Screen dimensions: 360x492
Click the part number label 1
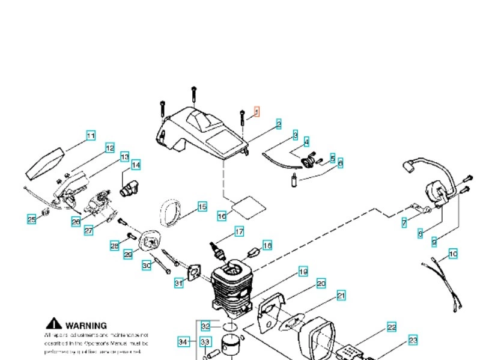[257, 111]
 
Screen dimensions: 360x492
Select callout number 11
[90, 136]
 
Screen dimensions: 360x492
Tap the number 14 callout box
[136, 165]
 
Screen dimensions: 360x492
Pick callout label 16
[222, 215]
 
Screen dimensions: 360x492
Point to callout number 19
[303, 272]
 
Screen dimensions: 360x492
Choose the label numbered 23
[413, 341]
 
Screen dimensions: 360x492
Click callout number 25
[31, 219]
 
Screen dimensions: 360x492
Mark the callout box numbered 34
[184, 341]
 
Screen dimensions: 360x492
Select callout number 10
[453, 254]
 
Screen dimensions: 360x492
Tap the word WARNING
[86, 325]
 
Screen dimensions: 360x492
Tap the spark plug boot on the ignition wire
[410, 165]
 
